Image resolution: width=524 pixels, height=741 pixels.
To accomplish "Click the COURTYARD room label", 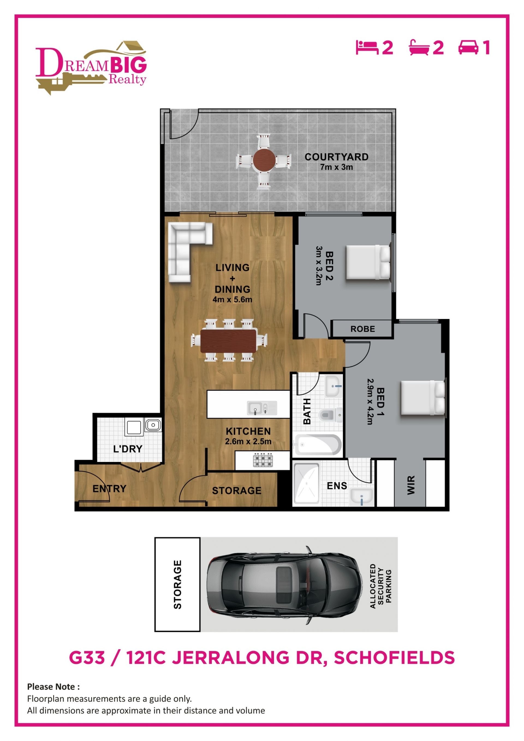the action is [x=336, y=157].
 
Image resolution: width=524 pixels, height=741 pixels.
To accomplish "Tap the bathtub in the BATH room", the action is [x=318, y=445].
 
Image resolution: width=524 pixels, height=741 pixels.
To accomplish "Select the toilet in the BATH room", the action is [x=331, y=415].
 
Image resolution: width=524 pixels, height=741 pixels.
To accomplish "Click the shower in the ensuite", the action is [x=306, y=483].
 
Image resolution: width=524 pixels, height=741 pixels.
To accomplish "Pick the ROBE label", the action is [x=363, y=329].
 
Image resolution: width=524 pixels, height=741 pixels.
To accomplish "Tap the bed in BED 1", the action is [x=423, y=397].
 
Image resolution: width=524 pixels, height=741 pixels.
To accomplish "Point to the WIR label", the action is [x=411, y=485].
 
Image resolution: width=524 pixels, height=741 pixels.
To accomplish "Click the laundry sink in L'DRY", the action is [x=153, y=425].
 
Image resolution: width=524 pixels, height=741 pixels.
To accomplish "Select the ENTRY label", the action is [x=109, y=489].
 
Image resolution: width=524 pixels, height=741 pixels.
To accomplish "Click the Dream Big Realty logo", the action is [x=91, y=67].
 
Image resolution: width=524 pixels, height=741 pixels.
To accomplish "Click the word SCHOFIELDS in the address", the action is [x=394, y=658].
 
